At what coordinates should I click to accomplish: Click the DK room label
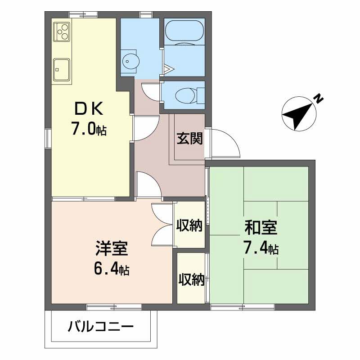[89, 108]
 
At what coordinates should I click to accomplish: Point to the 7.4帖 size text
[261, 248]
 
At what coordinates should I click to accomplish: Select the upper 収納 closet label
[189, 225]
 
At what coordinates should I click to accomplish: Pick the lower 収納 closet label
[192, 279]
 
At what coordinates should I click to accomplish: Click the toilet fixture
[185, 96]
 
